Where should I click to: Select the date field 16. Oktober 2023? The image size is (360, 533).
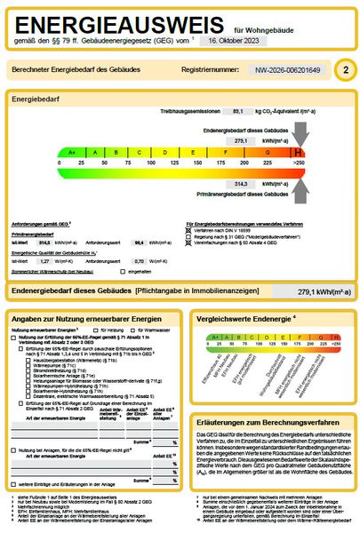coord(229,42)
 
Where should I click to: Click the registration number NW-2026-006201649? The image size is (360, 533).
coord(287,69)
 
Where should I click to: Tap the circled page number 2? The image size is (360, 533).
coord(345,68)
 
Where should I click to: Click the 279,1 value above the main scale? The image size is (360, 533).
coord(241,140)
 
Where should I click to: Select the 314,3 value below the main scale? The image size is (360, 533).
coord(241,183)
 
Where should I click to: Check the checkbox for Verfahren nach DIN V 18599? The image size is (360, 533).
coord(188,230)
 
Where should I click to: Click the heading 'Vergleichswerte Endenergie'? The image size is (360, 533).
coord(244,317)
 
